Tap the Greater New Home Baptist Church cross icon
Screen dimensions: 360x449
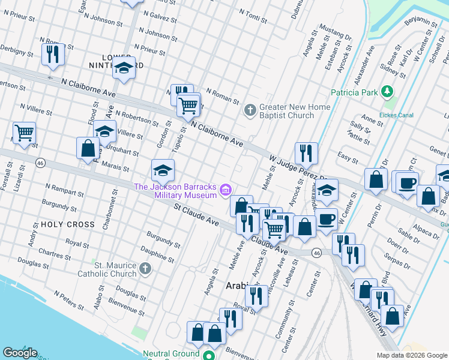250,110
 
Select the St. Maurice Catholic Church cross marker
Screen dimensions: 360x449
145,269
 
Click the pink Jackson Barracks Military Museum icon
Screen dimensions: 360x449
225,191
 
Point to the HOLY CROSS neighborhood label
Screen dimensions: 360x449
68,224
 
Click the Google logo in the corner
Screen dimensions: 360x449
20,353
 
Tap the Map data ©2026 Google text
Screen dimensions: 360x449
411,355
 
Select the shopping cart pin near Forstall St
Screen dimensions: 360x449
24,133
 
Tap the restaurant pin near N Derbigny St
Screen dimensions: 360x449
53,54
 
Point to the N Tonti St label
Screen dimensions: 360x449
253,16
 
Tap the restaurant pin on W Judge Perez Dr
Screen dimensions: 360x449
306,154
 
